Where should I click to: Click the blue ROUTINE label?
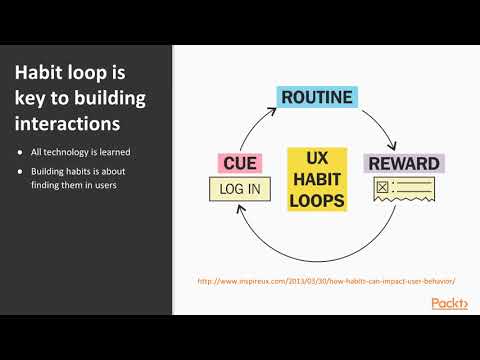point(315,97)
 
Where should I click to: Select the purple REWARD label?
point(403,163)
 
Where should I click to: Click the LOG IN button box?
point(239,188)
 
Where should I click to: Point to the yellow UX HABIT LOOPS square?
point(316,179)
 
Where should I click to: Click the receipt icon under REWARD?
point(401,190)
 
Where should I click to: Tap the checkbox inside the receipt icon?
point(381,187)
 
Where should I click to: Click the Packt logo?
point(449,303)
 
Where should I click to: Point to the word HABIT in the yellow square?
point(316,179)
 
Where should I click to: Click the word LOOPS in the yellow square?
point(316,200)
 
